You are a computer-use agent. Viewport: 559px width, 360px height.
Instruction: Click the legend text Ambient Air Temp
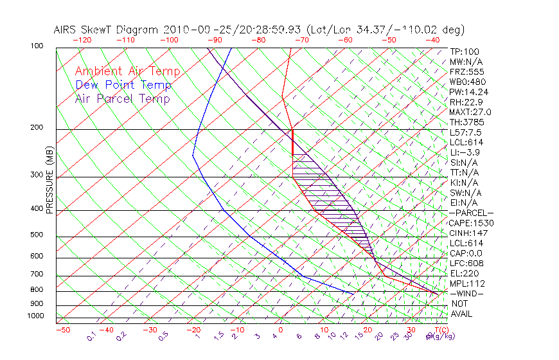pyautogui.click(x=127, y=72)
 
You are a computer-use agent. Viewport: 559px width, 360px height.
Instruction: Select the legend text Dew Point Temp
pyautogui.click(x=123, y=85)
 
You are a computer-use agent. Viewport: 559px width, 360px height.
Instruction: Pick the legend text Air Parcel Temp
pyautogui.click(x=122, y=99)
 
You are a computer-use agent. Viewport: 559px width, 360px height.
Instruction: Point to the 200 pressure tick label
pyautogui.click(x=37, y=128)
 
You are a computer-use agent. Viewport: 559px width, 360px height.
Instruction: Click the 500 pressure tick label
pyautogui.click(x=37, y=235)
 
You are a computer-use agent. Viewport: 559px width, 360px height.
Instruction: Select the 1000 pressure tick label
pyautogui.click(x=36, y=316)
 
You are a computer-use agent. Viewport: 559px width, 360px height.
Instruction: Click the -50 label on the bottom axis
pyautogui.click(x=62, y=330)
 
